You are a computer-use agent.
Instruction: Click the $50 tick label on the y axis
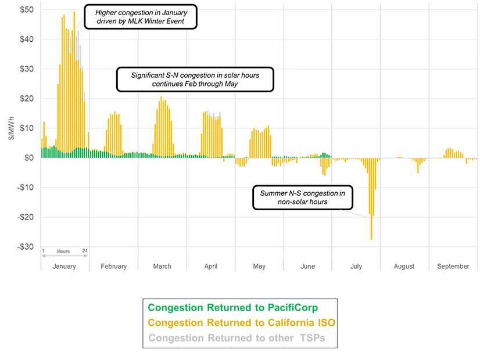(26, 10)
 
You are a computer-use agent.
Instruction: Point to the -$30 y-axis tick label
(24, 247)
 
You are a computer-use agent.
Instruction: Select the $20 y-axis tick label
(26, 99)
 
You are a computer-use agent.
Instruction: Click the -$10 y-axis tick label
(24, 188)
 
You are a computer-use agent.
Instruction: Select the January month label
(64, 267)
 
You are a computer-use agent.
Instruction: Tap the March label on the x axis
(162, 267)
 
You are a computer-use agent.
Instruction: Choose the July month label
(356, 267)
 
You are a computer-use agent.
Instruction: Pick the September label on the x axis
(453, 267)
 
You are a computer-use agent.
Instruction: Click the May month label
(259, 267)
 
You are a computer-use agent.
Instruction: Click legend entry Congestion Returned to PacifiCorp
(232, 308)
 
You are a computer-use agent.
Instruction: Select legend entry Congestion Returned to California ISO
(241, 323)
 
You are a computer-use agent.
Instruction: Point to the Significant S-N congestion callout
(195, 80)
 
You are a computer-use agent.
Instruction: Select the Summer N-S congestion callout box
(302, 197)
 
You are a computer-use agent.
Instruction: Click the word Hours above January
(63, 251)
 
